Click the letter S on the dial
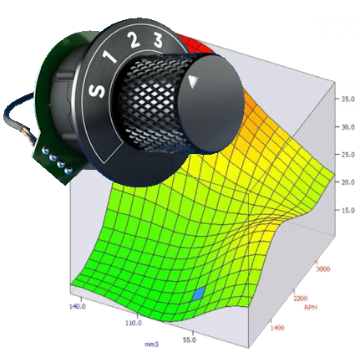(x=97, y=91)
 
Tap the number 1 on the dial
(x=110, y=57)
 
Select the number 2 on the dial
(x=134, y=39)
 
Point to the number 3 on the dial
(x=158, y=40)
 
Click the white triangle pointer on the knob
(x=193, y=81)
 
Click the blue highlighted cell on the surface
(x=199, y=293)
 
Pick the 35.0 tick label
(x=348, y=99)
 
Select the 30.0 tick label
(x=348, y=127)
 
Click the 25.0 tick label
(x=348, y=155)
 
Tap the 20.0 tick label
(x=348, y=182)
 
